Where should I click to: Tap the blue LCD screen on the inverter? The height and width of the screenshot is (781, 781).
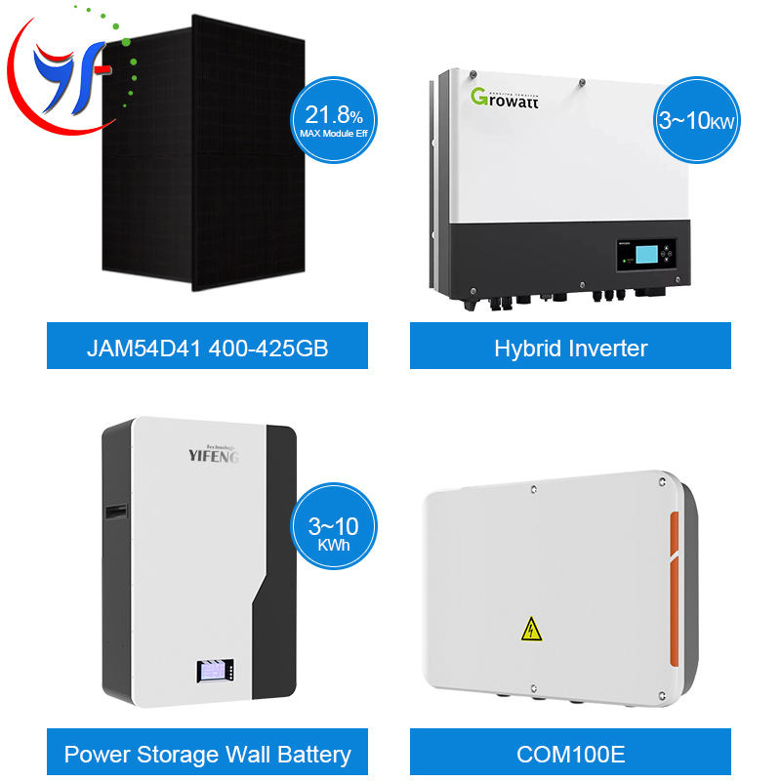click(632, 256)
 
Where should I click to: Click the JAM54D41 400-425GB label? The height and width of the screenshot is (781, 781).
click(208, 347)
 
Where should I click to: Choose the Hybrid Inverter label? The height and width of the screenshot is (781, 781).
click(570, 347)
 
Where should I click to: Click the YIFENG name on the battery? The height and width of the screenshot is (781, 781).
click(213, 454)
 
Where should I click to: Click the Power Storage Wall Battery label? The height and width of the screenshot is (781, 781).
click(208, 754)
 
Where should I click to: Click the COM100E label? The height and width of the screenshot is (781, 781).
click(570, 754)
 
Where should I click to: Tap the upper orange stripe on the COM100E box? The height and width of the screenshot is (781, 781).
click(674, 543)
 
